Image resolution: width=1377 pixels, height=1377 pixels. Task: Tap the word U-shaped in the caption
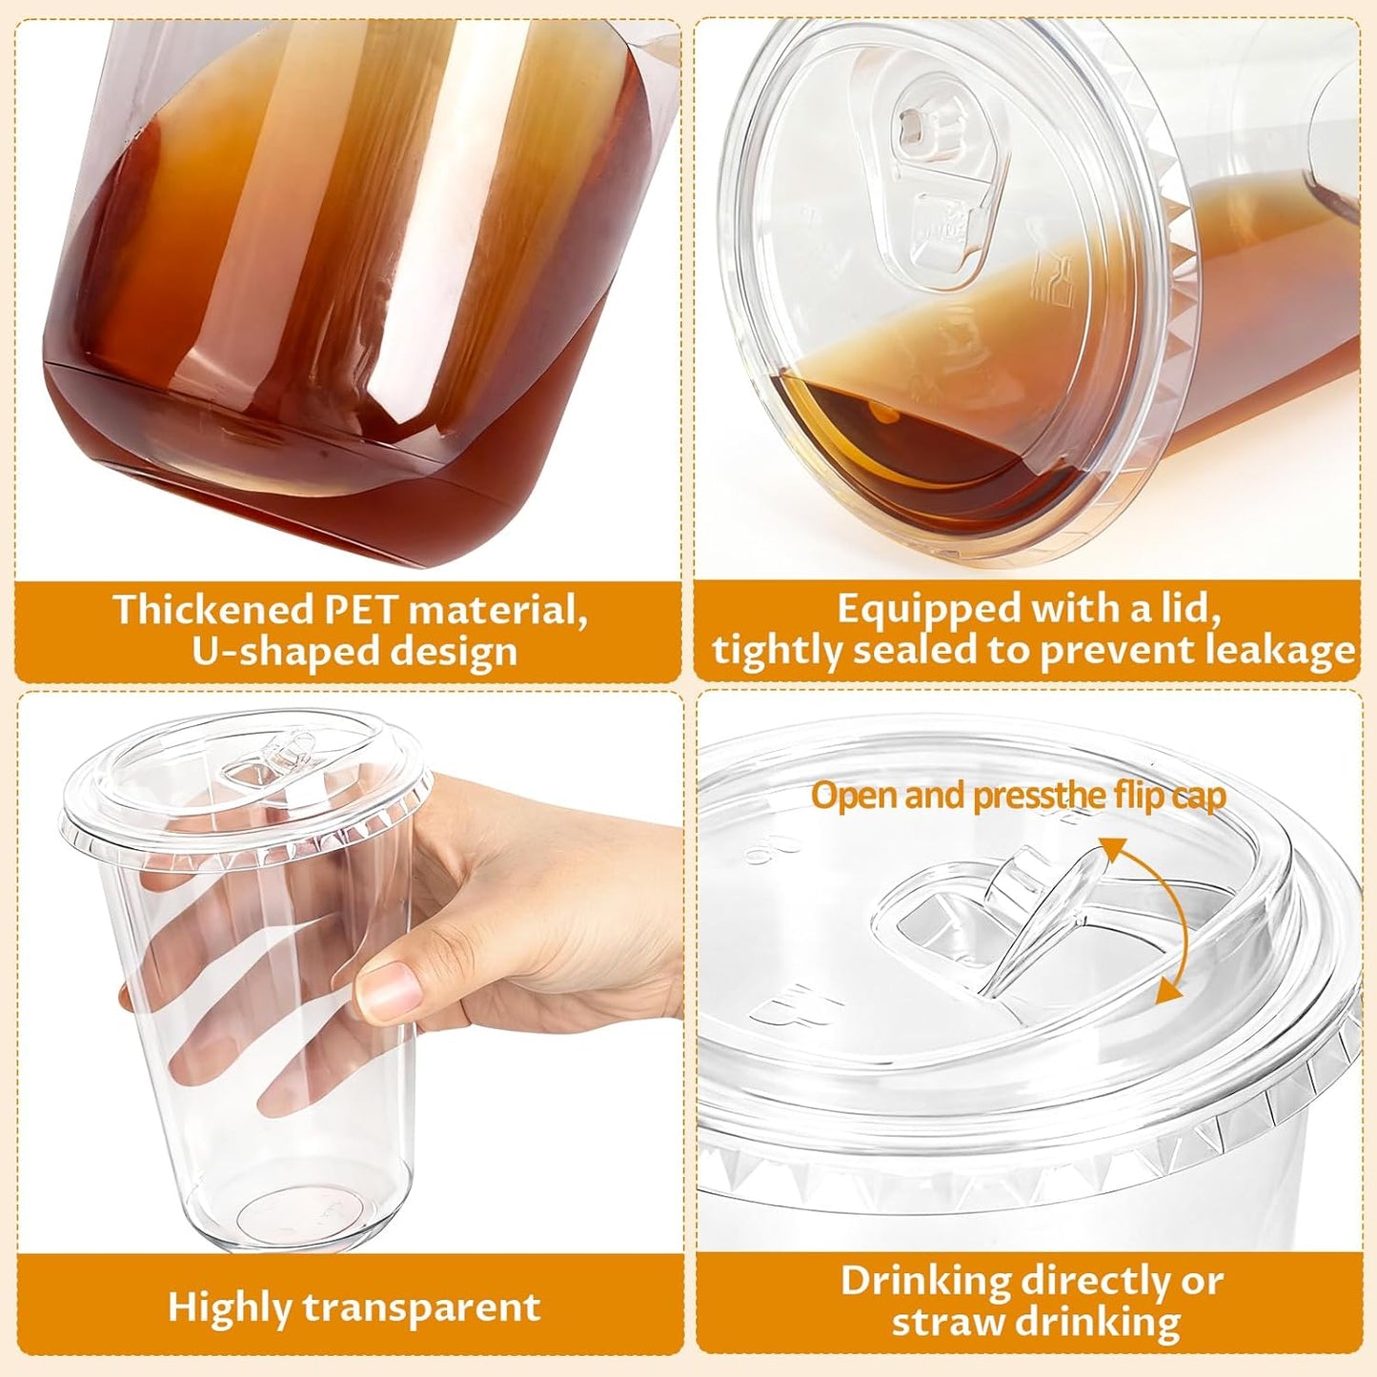coord(273,653)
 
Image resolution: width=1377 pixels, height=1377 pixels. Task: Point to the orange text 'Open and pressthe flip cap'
coord(1018,796)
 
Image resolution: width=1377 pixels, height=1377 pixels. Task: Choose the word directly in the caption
coord(1098,1281)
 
